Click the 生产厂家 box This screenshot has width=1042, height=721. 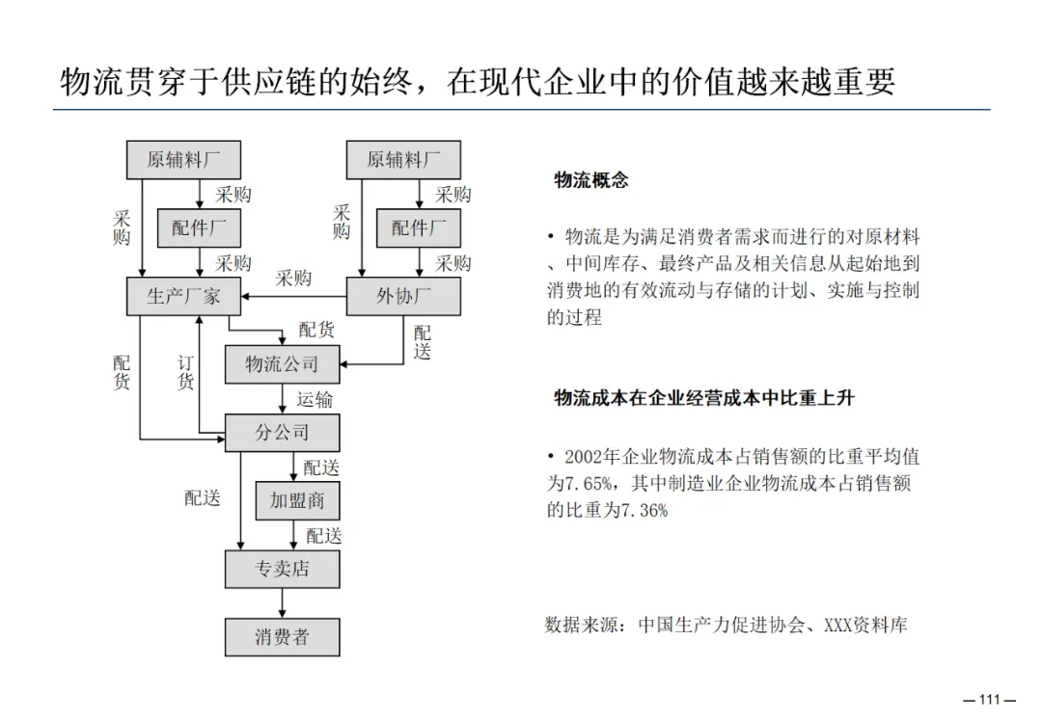pos(183,296)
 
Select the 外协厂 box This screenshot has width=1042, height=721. pos(403,296)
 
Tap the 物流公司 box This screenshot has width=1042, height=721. pos(282,364)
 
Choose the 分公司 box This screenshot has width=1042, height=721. pos(282,433)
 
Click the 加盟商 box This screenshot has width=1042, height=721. pos(297,501)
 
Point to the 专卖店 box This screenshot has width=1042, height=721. pos(282,569)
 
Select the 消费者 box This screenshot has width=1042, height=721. pos(282,637)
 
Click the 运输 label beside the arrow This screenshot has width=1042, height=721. pos(315,399)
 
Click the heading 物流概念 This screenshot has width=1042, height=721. pos(591,180)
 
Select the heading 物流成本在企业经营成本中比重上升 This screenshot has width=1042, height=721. pos(704,398)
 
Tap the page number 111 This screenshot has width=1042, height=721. pos(992,700)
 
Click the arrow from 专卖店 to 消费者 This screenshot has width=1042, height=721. pos(282,602)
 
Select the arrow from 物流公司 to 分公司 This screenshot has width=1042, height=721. pos(282,398)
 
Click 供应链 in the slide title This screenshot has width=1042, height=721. pos(276,82)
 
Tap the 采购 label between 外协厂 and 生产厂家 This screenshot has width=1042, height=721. pos(293,279)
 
